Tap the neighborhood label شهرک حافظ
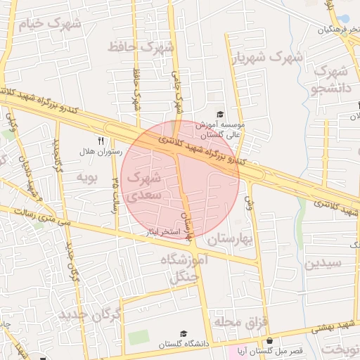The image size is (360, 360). click(x=141, y=48)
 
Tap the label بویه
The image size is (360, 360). click(x=85, y=175)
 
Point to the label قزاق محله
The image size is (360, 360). click(x=238, y=322)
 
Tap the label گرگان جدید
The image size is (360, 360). click(x=91, y=312)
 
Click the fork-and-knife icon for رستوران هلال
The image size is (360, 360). click(x=101, y=141)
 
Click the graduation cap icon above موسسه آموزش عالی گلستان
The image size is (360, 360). click(x=220, y=114)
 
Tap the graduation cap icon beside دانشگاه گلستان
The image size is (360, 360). click(x=184, y=333)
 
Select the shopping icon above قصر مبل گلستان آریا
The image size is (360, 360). click(x=269, y=340)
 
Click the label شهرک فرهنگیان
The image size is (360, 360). click(x=338, y=30)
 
